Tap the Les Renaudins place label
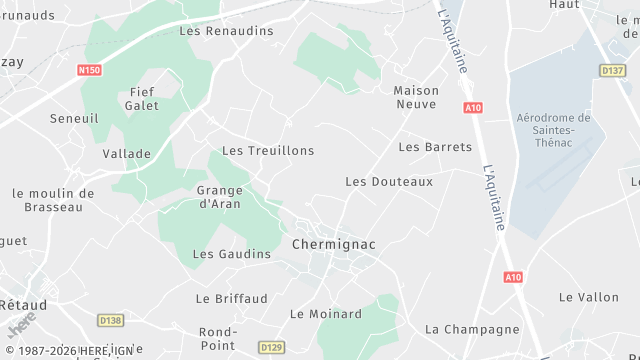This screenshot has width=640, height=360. (226, 31)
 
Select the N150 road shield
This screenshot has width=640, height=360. (90, 70)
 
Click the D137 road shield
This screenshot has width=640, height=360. (612, 70)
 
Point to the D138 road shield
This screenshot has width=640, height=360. (111, 320)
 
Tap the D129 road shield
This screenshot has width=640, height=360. (271, 347)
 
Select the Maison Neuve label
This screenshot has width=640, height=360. (417, 97)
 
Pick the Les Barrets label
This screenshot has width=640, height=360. (435, 147)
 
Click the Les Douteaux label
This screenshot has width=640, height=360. (389, 182)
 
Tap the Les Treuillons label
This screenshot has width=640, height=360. (268, 151)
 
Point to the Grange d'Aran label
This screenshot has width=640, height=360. (220, 197)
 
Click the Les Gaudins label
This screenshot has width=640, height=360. (231, 254)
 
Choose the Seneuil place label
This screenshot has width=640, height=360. (73, 119)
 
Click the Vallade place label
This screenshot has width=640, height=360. (127, 154)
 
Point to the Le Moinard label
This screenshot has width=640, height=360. (326, 314)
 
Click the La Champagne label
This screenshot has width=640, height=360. (473, 329)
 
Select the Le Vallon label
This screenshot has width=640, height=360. (589, 297)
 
